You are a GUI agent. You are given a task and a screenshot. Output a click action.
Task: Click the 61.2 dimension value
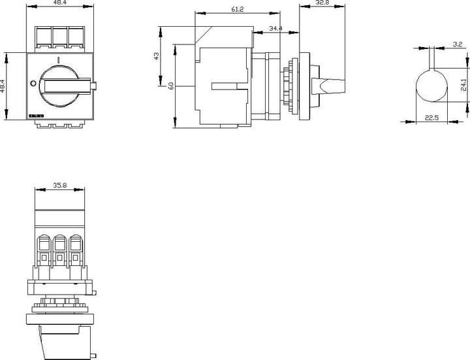pyautogui.click(x=219, y=9)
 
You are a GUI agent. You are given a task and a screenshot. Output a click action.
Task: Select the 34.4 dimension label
pyautogui.click(x=275, y=28)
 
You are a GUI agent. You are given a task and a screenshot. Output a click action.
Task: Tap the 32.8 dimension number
pyautogui.click(x=322, y=3)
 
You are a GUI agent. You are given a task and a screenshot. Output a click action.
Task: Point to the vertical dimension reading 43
pyautogui.click(x=155, y=57)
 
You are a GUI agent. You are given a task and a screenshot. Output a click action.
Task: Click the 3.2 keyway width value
pyautogui.click(x=458, y=45)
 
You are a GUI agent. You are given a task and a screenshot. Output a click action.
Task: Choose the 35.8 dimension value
pyautogui.click(x=60, y=186)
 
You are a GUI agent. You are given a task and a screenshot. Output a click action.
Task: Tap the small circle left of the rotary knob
pyautogui.click(x=34, y=82)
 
